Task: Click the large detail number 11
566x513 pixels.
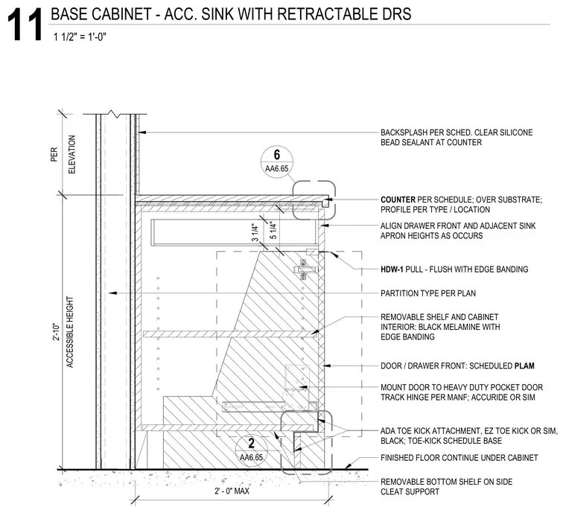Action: coord(25,25)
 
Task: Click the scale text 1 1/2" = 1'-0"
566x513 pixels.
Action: coord(80,36)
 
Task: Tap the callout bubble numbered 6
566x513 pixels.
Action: coord(277,162)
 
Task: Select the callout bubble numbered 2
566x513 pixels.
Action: coord(251,450)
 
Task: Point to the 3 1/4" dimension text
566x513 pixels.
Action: coord(255,233)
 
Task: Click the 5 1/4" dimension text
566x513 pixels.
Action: coord(273,231)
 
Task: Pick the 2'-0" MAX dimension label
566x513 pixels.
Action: coord(232,491)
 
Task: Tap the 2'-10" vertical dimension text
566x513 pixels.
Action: coord(56,331)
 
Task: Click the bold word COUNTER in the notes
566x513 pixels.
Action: coord(398,200)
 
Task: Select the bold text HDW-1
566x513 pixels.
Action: coord(392,269)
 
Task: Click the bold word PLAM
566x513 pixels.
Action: coord(524,366)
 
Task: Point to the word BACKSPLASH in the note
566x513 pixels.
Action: coord(404,133)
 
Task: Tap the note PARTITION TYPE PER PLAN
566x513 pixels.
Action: coord(428,293)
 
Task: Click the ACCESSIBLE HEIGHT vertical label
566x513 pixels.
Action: coord(70,332)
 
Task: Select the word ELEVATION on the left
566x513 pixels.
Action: coord(71,154)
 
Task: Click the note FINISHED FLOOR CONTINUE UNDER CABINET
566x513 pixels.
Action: coord(460,458)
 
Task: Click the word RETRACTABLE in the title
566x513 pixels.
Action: coord(325,14)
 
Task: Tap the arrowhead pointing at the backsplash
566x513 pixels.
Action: coord(142,133)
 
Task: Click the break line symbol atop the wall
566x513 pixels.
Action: coord(115,114)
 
